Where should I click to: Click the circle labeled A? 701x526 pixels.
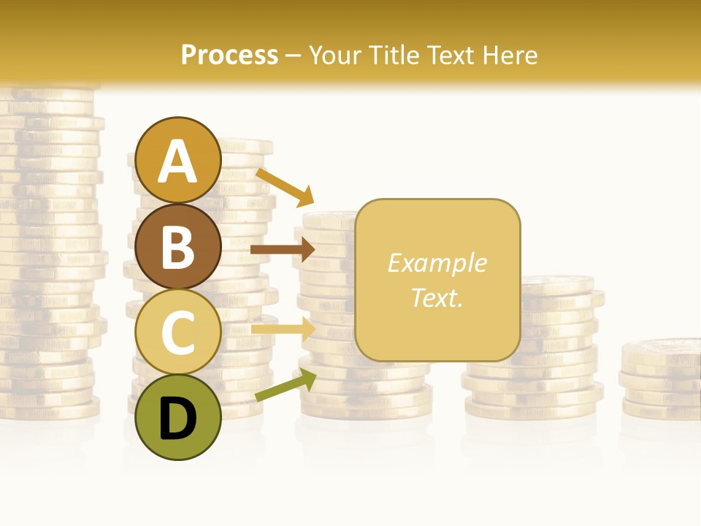(177, 160)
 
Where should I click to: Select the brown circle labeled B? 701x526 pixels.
(177, 246)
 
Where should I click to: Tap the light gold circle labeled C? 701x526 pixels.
(177, 332)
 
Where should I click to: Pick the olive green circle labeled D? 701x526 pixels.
(177, 417)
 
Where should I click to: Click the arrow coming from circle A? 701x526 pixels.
(285, 187)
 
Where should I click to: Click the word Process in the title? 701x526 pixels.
(229, 56)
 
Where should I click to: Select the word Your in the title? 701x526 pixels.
(336, 56)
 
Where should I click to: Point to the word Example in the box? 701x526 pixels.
(437, 263)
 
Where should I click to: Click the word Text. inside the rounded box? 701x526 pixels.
(437, 297)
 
